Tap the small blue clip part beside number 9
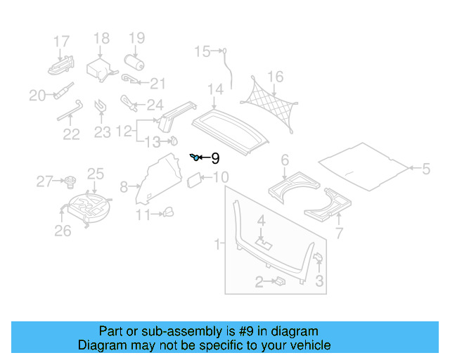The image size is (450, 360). [x=194, y=157]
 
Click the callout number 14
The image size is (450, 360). [x=215, y=89]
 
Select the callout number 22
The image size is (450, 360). [x=71, y=133]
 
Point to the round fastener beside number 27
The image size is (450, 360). [x=70, y=184]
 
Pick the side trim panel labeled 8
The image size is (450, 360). [x=157, y=179]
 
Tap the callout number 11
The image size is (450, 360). [x=143, y=215]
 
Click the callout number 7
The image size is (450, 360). [x=339, y=233]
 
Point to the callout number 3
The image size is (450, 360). [x=319, y=282]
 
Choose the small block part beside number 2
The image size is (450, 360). [x=279, y=281]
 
